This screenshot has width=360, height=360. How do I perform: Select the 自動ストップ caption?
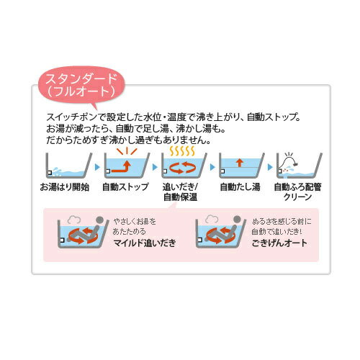122,186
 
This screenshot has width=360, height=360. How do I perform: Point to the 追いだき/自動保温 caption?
179,192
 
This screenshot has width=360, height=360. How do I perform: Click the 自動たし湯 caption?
237,186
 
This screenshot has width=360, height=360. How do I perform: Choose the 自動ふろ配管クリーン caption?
294,192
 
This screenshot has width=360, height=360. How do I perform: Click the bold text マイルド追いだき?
144,243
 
